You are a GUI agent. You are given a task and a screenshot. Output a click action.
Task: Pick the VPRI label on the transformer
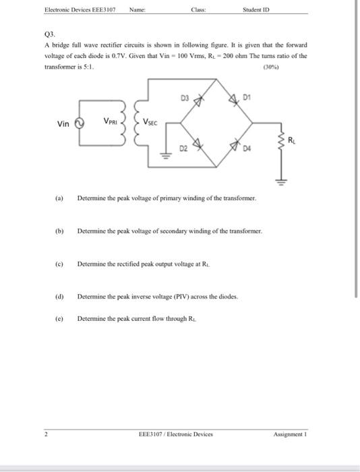pyautogui.click(x=112, y=121)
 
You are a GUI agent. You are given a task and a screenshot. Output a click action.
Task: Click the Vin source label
pyautogui.click(x=63, y=124)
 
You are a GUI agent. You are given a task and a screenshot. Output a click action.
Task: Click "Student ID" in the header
pyautogui.click(x=258, y=9)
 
